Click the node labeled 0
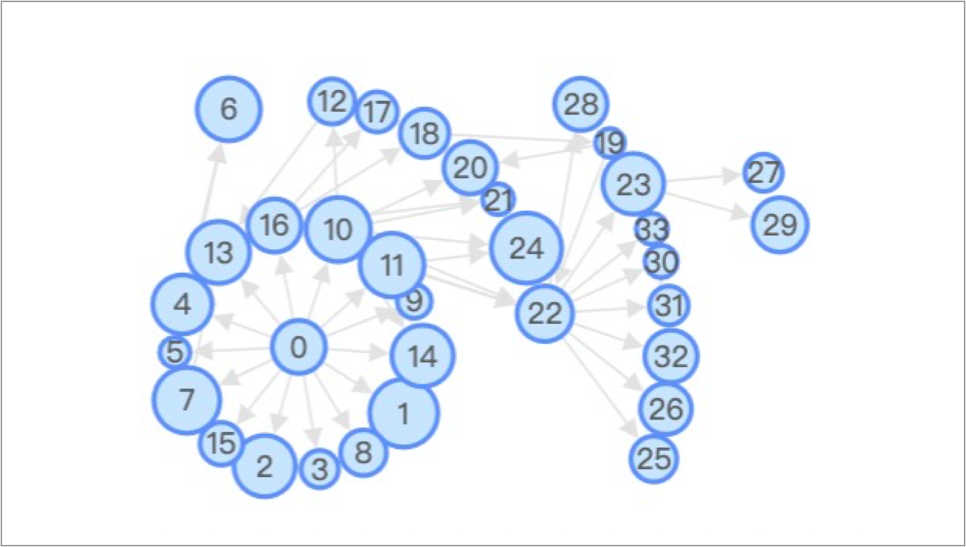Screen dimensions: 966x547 click(x=299, y=347)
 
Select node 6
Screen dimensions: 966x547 click(x=228, y=109)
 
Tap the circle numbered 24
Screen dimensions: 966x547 click(x=526, y=248)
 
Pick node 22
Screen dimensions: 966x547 click(x=545, y=313)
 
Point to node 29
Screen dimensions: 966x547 click(x=780, y=225)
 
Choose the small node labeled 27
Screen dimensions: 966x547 click(x=763, y=173)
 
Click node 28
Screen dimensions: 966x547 click(x=581, y=105)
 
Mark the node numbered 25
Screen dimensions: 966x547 click(x=654, y=458)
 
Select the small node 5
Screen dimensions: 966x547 click(x=174, y=352)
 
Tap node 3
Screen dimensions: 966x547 click(x=320, y=469)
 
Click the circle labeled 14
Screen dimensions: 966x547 click(x=423, y=356)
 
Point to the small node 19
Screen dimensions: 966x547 click(x=611, y=144)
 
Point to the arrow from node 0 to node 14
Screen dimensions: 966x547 click(x=356, y=350)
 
